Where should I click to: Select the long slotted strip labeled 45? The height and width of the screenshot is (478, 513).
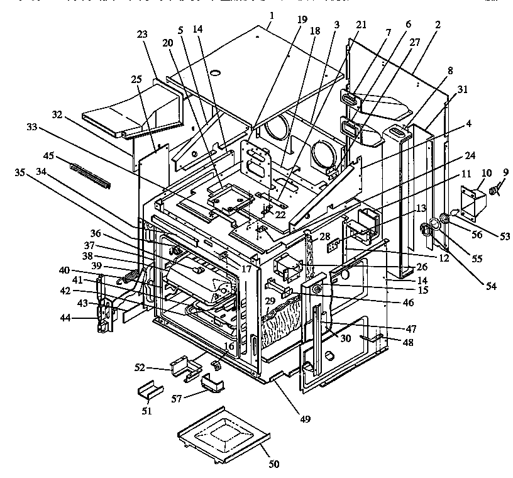coord(91,175)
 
